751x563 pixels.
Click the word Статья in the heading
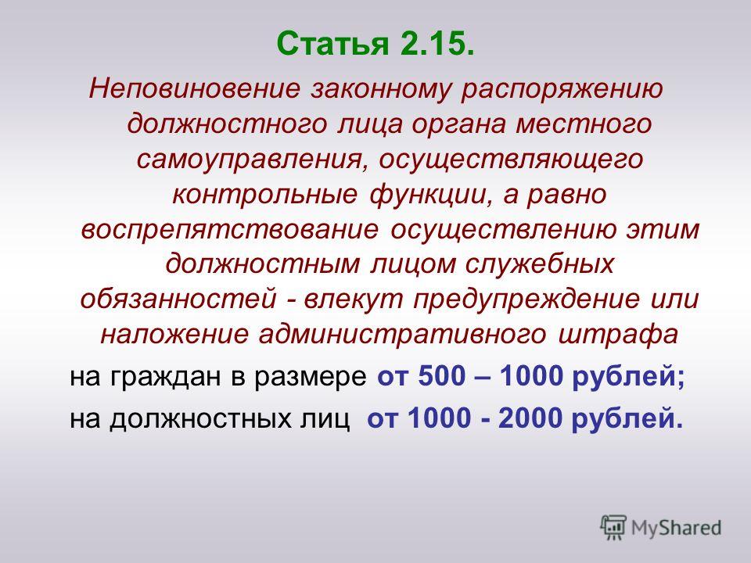click(x=333, y=44)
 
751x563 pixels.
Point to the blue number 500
click(x=441, y=377)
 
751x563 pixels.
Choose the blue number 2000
click(x=530, y=419)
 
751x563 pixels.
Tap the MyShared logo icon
click(x=613, y=528)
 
